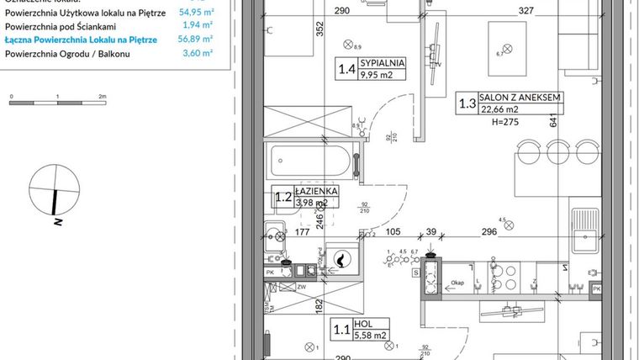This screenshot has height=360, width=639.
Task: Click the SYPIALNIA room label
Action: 383,62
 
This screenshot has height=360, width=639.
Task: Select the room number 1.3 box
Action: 467,104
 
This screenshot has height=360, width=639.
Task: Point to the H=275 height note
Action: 496,121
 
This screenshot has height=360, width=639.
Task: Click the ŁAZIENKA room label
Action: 316,191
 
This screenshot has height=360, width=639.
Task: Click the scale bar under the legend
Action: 56,103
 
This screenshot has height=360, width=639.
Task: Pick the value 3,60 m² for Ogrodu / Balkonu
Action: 198,52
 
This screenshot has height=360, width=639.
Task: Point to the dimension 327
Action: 525,12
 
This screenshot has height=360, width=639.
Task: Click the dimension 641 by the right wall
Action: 553,121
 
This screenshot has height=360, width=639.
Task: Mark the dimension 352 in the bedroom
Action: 296,29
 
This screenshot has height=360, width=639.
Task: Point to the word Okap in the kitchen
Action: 457,284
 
